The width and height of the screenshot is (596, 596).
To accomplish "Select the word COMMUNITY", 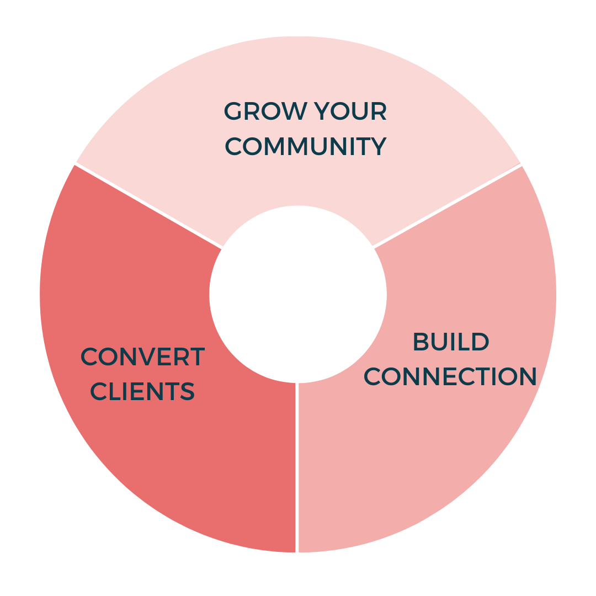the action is click(305, 147).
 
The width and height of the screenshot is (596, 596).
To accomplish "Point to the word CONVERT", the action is click(142, 357).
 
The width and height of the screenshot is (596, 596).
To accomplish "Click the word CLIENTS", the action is click(142, 391).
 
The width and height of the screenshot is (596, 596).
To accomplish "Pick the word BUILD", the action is click(451, 342).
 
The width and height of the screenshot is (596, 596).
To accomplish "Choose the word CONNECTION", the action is click(450, 377).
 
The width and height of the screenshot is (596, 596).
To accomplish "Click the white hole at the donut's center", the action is click(298, 294).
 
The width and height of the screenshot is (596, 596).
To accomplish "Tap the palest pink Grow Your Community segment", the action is click(298, 66).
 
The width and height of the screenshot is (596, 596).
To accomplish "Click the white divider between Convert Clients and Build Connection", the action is click(297, 469).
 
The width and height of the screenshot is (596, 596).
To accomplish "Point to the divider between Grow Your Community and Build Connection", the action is click(447, 205).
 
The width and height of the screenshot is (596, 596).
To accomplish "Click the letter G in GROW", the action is click(233, 112).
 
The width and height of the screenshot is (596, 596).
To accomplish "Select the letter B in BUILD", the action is click(421, 342).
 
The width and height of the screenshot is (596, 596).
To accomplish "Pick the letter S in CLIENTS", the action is click(187, 391).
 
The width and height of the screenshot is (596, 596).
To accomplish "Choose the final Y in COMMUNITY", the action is click(377, 147).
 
